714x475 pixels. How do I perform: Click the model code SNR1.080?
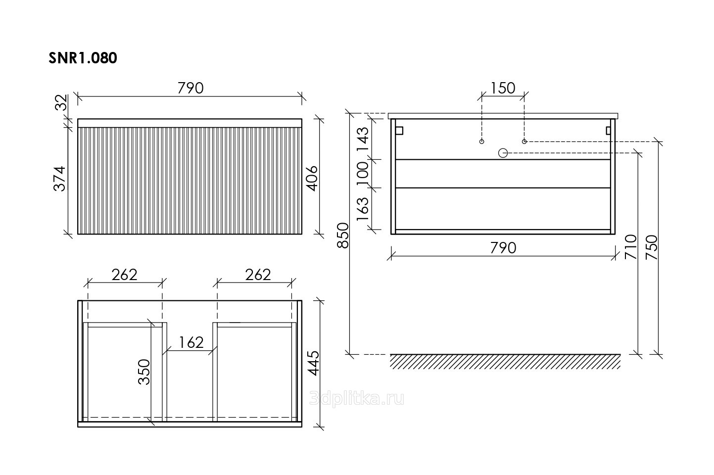[x=83, y=58]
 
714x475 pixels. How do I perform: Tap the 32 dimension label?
[x=61, y=102]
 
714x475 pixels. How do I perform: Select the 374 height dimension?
[x=59, y=179]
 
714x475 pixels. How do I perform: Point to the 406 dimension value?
[x=312, y=179]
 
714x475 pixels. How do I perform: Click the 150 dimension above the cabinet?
[x=502, y=88]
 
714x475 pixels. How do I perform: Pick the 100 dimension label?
[x=363, y=174]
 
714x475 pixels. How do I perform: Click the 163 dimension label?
[x=363, y=209]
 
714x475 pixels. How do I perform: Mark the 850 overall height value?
[x=343, y=236]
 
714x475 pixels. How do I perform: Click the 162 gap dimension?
[x=191, y=343]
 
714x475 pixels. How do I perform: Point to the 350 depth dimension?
[x=144, y=372]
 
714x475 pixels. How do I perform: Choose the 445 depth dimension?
[x=314, y=363]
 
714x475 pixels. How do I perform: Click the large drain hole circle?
[x=503, y=153]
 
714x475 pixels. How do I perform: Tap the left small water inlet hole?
[x=481, y=142]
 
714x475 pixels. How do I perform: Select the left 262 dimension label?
[x=124, y=275]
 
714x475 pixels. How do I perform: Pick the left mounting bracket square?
[x=399, y=131]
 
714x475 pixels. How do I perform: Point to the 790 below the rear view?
[x=503, y=248]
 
